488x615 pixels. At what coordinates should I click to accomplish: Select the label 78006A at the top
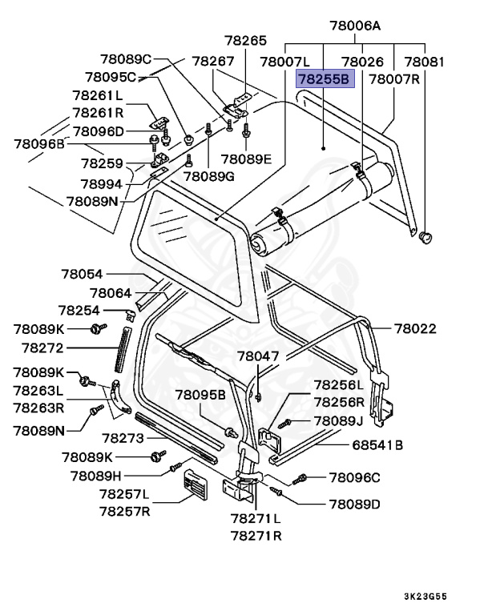click(x=354, y=26)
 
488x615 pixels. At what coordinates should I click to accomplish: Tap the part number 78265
click(x=244, y=40)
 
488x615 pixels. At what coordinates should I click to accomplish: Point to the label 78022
click(x=415, y=328)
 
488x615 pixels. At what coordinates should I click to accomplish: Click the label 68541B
click(x=377, y=445)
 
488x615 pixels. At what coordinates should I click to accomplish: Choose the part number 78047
click(x=258, y=355)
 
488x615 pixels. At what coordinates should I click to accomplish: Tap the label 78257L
click(x=125, y=494)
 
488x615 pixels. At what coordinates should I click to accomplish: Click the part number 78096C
click(x=354, y=478)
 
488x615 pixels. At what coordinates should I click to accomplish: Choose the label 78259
click(x=102, y=163)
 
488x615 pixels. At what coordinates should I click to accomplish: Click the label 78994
click(x=102, y=183)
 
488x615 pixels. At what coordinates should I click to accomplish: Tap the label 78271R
click(x=256, y=535)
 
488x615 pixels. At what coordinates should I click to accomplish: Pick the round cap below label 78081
click(x=425, y=235)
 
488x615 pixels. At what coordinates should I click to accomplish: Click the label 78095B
click(x=201, y=395)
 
